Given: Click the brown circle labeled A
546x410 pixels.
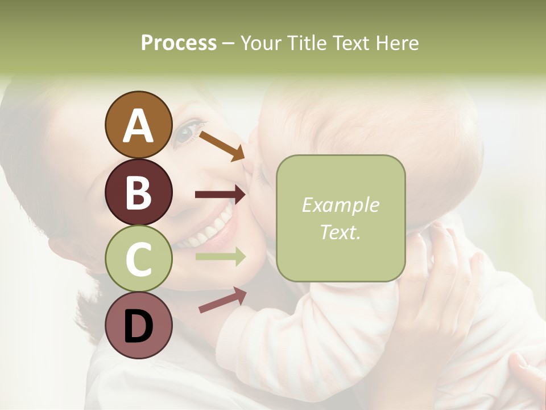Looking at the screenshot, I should click(138, 125).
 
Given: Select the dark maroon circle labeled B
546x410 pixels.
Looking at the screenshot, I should click(138, 192).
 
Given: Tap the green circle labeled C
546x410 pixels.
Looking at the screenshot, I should click(138, 259).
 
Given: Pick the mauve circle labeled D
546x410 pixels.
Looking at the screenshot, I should click(138, 325).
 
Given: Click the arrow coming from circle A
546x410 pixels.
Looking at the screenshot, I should click(222, 146).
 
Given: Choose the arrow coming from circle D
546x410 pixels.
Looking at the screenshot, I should click(222, 300).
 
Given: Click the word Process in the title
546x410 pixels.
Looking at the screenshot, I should click(179, 43).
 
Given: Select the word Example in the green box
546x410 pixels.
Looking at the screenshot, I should click(340, 205).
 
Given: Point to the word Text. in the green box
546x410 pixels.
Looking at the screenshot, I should click(340, 232).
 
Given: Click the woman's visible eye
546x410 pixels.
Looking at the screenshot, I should click(185, 134).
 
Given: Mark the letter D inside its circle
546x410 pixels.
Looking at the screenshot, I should click(138, 326).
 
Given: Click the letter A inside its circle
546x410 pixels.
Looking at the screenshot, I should click(138, 126).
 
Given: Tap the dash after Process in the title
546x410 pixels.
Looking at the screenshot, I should click(229, 43).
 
